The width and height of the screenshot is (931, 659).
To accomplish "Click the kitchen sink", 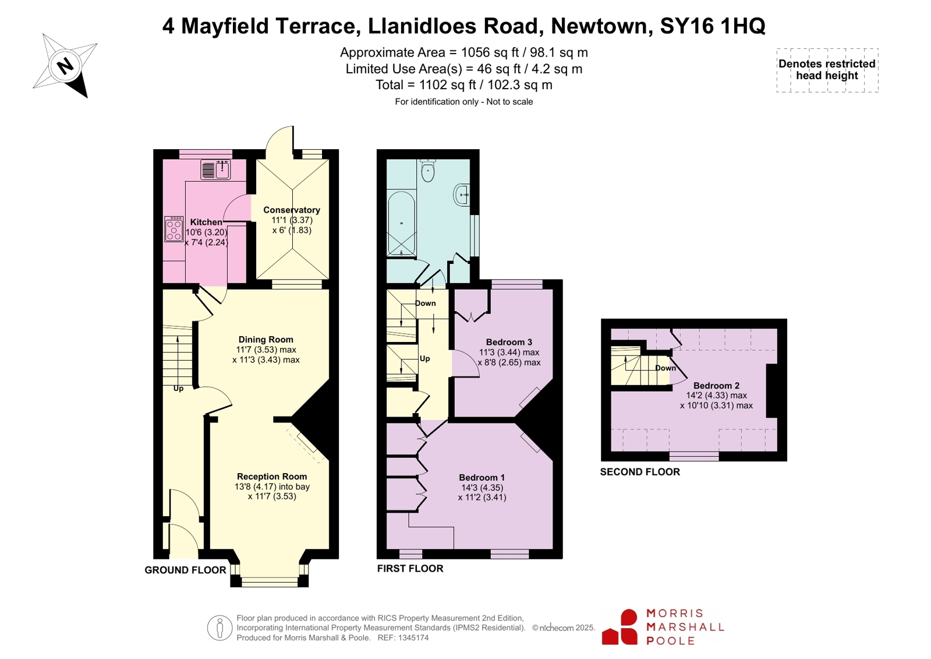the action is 215,170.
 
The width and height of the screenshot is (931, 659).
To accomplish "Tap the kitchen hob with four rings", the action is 174,229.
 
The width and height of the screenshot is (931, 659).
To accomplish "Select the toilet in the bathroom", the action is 427,171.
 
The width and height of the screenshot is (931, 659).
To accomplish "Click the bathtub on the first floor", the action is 401,223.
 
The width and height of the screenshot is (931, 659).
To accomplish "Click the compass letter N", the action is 65,66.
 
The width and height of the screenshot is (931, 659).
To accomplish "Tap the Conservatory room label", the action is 292,210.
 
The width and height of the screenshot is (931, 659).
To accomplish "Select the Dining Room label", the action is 266,340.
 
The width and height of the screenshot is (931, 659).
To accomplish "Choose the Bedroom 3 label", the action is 509,342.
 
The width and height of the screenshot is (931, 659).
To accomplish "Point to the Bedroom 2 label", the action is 716,386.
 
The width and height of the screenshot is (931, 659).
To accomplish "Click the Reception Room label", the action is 272,477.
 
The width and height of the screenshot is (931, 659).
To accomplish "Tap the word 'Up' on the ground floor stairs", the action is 178,389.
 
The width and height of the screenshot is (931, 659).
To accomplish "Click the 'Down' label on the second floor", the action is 665,368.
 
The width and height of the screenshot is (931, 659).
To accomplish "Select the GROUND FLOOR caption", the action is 185,570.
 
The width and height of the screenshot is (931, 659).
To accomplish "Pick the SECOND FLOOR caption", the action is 640,472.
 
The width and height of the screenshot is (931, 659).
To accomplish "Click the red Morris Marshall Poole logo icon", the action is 620,627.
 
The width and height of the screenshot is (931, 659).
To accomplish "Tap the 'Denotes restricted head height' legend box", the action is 827,70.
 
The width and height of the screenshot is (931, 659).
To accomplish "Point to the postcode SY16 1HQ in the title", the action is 713,26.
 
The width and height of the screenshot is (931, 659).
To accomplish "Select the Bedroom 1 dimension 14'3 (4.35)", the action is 482,488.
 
